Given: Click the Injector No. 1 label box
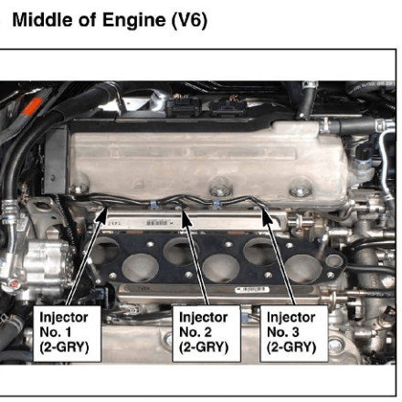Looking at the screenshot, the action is [67, 333].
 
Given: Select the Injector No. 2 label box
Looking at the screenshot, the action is [206, 333].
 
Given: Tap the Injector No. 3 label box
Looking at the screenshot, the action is [294, 333].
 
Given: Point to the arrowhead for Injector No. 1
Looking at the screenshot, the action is [102, 217].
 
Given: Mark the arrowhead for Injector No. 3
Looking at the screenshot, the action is [267, 217].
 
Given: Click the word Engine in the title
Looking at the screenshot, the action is [134, 21].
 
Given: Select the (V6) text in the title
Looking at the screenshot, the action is [189, 21].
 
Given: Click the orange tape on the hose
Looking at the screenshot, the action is [32, 106].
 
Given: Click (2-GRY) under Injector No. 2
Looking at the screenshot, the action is [204, 347].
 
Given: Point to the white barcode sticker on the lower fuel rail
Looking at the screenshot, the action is [252, 290].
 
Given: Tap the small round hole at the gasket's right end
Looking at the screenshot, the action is [334, 261].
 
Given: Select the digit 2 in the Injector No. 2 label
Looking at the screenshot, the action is [207, 332].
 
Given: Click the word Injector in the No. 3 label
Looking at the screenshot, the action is [291, 318].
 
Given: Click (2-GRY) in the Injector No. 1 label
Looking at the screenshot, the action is [64, 347].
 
